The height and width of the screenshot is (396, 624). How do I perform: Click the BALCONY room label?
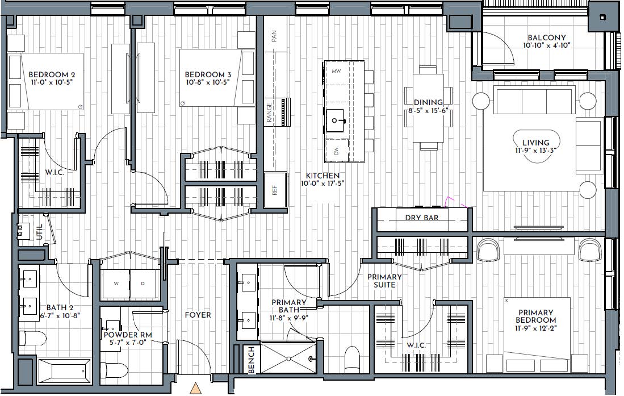[547, 38]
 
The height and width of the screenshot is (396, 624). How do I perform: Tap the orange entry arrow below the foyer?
[195, 388]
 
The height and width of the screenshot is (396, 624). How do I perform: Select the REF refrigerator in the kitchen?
[275, 190]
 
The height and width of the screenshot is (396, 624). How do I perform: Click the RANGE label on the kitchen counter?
[269, 112]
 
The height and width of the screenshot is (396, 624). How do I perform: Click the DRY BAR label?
[422, 218]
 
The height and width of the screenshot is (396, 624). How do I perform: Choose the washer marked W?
[116, 284]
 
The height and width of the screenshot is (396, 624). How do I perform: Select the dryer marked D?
[143, 284]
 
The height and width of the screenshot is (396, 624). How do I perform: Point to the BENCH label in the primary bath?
[252, 360]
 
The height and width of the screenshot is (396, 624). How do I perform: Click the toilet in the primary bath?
[352, 359]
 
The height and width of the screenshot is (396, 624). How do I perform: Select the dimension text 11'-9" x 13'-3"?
[535, 151]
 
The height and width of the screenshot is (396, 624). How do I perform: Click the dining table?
[428, 108]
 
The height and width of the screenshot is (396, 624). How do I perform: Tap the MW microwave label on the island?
[336, 71]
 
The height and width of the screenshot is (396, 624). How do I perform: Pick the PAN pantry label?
[274, 36]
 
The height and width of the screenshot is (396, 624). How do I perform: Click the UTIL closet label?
[39, 232]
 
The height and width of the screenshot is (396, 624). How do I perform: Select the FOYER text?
[198, 315]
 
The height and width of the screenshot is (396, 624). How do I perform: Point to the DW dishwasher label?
[336, 151]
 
